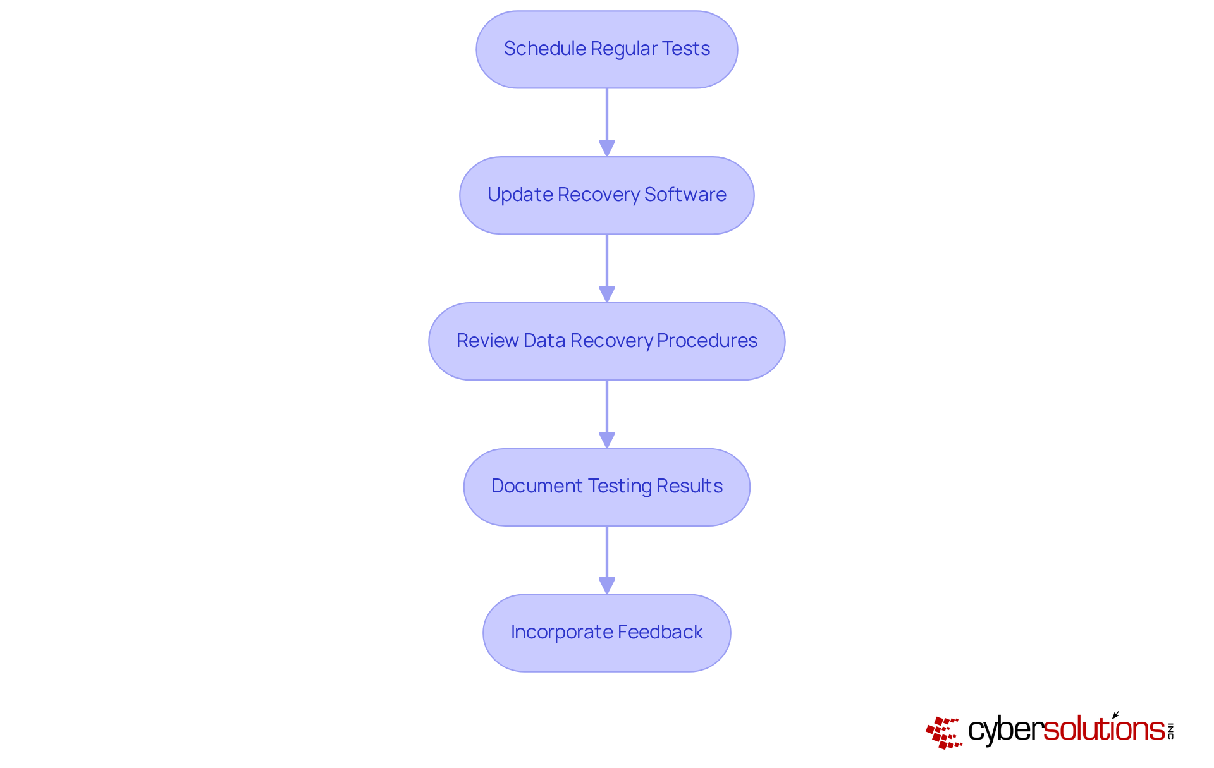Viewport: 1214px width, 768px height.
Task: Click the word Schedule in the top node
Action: click(544, 49)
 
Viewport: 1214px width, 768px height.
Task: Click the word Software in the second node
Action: click(685, 195)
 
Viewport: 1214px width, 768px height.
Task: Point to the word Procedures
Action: click(707, 341)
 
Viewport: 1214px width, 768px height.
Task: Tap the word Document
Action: click(537, 486)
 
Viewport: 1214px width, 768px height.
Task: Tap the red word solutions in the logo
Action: click(1103, 729)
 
